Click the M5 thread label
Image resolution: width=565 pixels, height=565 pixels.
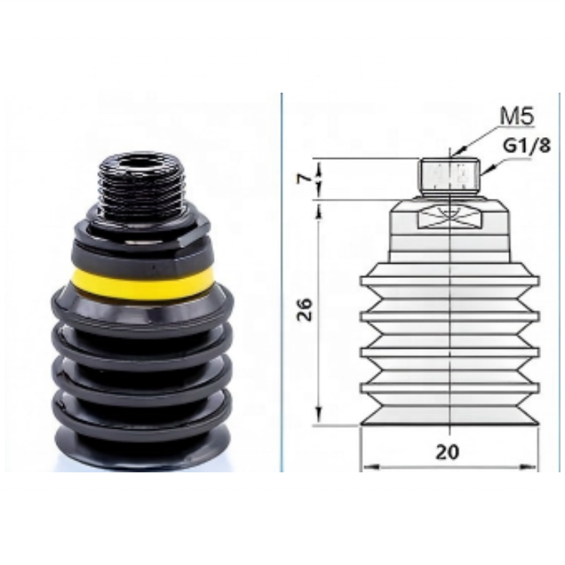[517, 116]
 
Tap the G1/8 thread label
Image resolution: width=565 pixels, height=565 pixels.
[527, 145]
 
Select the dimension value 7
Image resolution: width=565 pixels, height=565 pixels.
[304, 178]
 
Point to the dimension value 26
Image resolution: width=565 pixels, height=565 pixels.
[304, 309]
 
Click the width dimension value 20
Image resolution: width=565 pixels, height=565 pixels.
[447, 452]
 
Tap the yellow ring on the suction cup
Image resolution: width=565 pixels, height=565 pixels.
[142, 283]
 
